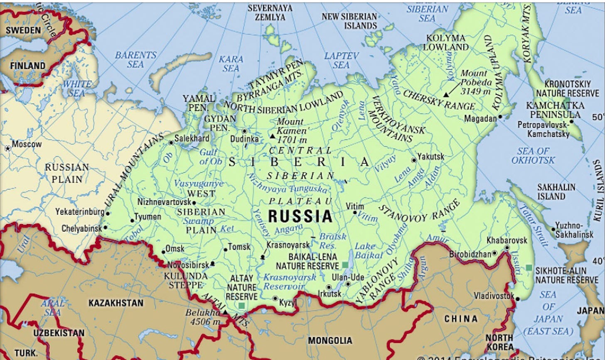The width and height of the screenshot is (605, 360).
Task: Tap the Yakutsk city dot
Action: coord(414,160)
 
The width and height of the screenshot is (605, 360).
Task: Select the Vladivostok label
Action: coord(493,296)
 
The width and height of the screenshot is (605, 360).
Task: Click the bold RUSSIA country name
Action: coord(300,216)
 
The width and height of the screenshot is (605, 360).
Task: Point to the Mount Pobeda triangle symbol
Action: coord(446,95)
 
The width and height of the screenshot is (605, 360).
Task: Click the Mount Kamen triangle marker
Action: coord(272,136)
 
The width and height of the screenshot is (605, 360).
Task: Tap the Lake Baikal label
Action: coord(365,251)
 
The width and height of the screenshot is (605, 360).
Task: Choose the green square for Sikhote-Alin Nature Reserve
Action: coord(529,267)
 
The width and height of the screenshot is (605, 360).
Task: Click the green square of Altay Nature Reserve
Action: coord(241,306)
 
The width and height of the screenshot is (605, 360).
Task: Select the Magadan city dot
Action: coord(500,117)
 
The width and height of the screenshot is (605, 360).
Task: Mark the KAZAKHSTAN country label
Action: coord(116,303)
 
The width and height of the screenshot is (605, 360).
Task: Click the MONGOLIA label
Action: coord(330,341)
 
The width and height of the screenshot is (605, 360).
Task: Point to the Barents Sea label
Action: coord(136,59)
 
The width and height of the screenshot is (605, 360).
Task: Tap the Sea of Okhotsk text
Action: coord(533,156)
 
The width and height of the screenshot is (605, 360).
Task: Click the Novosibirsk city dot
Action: coord(213,263)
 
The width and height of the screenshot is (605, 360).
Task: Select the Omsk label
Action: coord(175,248)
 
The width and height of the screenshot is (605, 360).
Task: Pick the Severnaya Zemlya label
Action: coord(270,12)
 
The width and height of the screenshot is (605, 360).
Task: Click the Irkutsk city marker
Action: coord(329,287)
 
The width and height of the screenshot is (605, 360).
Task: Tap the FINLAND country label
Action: coord(28,66)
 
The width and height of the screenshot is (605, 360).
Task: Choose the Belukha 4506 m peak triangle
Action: coord(225,312)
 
